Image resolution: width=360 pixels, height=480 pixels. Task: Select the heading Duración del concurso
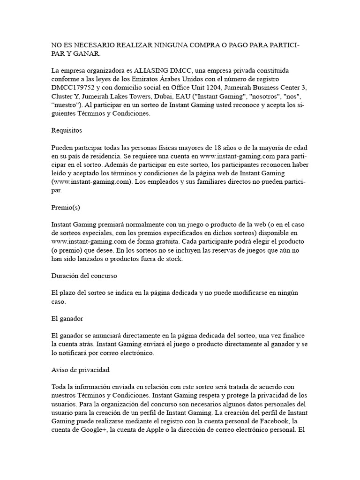[84, 276]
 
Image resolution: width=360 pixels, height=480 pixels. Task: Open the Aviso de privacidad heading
[80, 369]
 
